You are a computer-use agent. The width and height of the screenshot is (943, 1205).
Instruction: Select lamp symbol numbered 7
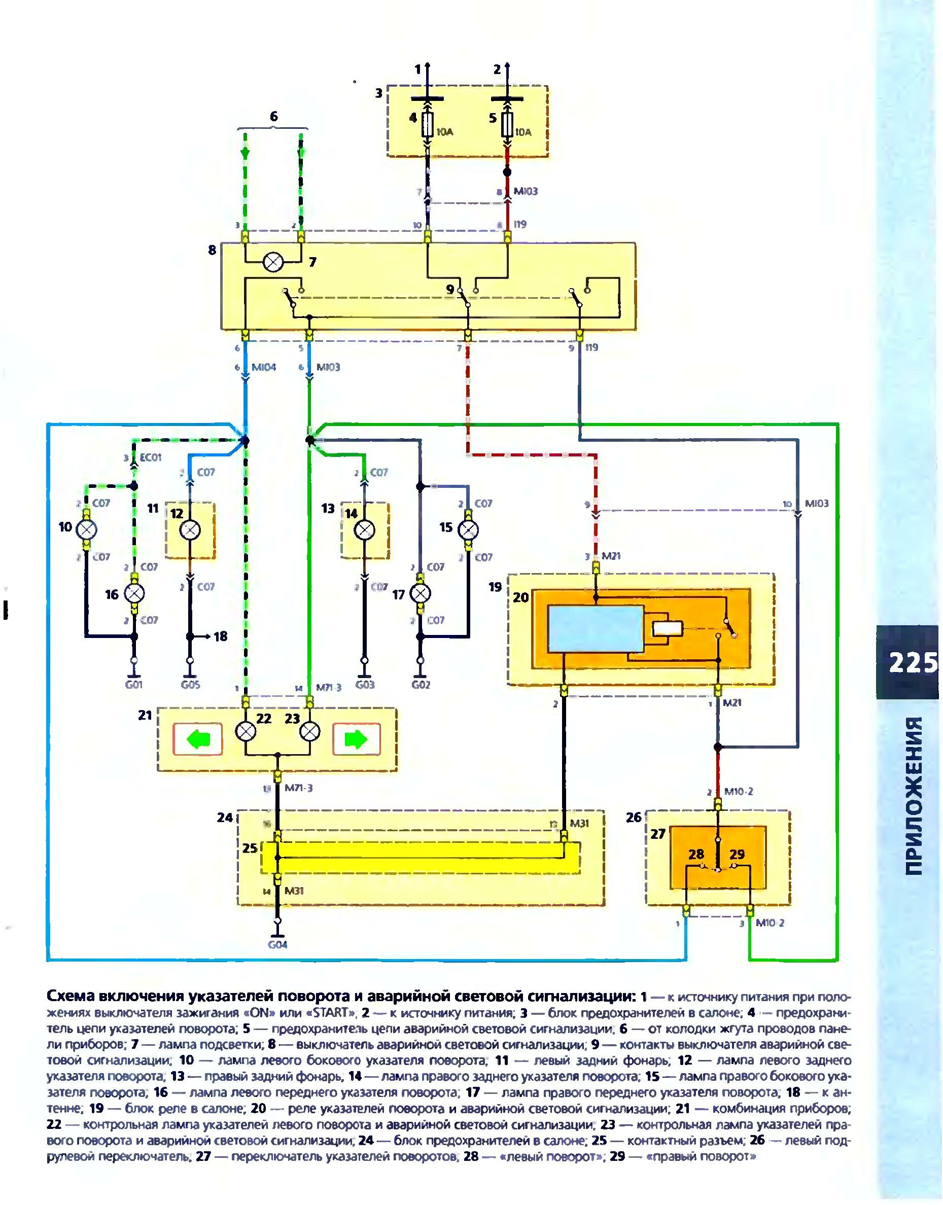pos(272,263)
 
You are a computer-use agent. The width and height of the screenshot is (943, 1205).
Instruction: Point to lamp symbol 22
pos(246,732)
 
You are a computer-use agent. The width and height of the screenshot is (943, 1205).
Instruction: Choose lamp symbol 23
pos(310,732)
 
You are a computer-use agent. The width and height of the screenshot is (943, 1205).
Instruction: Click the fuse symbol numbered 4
pos(427,125)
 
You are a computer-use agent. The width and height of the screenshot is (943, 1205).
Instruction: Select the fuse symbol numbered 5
pos(507,125)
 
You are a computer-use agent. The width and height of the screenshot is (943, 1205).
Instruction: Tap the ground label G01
pos(133,685)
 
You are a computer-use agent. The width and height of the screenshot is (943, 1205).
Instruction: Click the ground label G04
pos(277,944)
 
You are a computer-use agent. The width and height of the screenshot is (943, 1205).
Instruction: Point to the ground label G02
pos(420,685)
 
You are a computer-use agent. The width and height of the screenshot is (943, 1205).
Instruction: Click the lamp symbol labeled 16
pos(134,593)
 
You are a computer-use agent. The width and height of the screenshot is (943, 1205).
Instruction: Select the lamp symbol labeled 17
pos(421,593)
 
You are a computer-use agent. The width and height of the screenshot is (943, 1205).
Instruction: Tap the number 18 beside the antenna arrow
pos(221,636)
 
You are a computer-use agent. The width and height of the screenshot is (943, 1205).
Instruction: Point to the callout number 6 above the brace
pos(273,117)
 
